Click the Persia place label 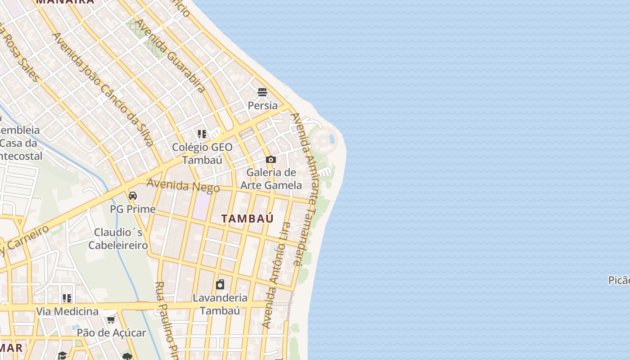coord(263,105)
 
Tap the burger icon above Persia coord(262,92)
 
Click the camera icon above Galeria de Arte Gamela coord(270,159)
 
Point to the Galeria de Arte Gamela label coord(271,179)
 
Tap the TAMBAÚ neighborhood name coord(247,219)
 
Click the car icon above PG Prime coord(133,196)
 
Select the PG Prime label coord(133,209)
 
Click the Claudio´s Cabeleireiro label coord(118,239)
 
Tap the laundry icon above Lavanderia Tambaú coord(220,284)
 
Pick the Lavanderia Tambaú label coord(220,304)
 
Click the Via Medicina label coord(67,311)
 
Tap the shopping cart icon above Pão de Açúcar coord(111,319)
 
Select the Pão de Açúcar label coord(111,333)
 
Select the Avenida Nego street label coord(183,186)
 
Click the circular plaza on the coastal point coord(323,140)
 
